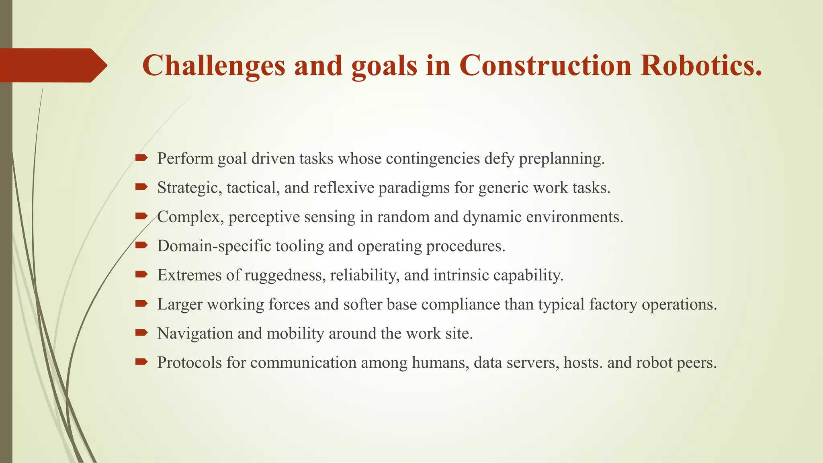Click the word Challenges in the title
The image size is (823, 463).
213,66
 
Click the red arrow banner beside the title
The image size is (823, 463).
52,65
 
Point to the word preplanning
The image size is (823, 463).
561,159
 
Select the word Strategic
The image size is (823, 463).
189,188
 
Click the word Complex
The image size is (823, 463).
190,217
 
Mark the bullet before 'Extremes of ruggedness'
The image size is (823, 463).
141,275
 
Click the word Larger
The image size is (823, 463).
180,304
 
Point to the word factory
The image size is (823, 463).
613,304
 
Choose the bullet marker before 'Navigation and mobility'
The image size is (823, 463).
141,333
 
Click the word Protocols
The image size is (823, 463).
189,363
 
